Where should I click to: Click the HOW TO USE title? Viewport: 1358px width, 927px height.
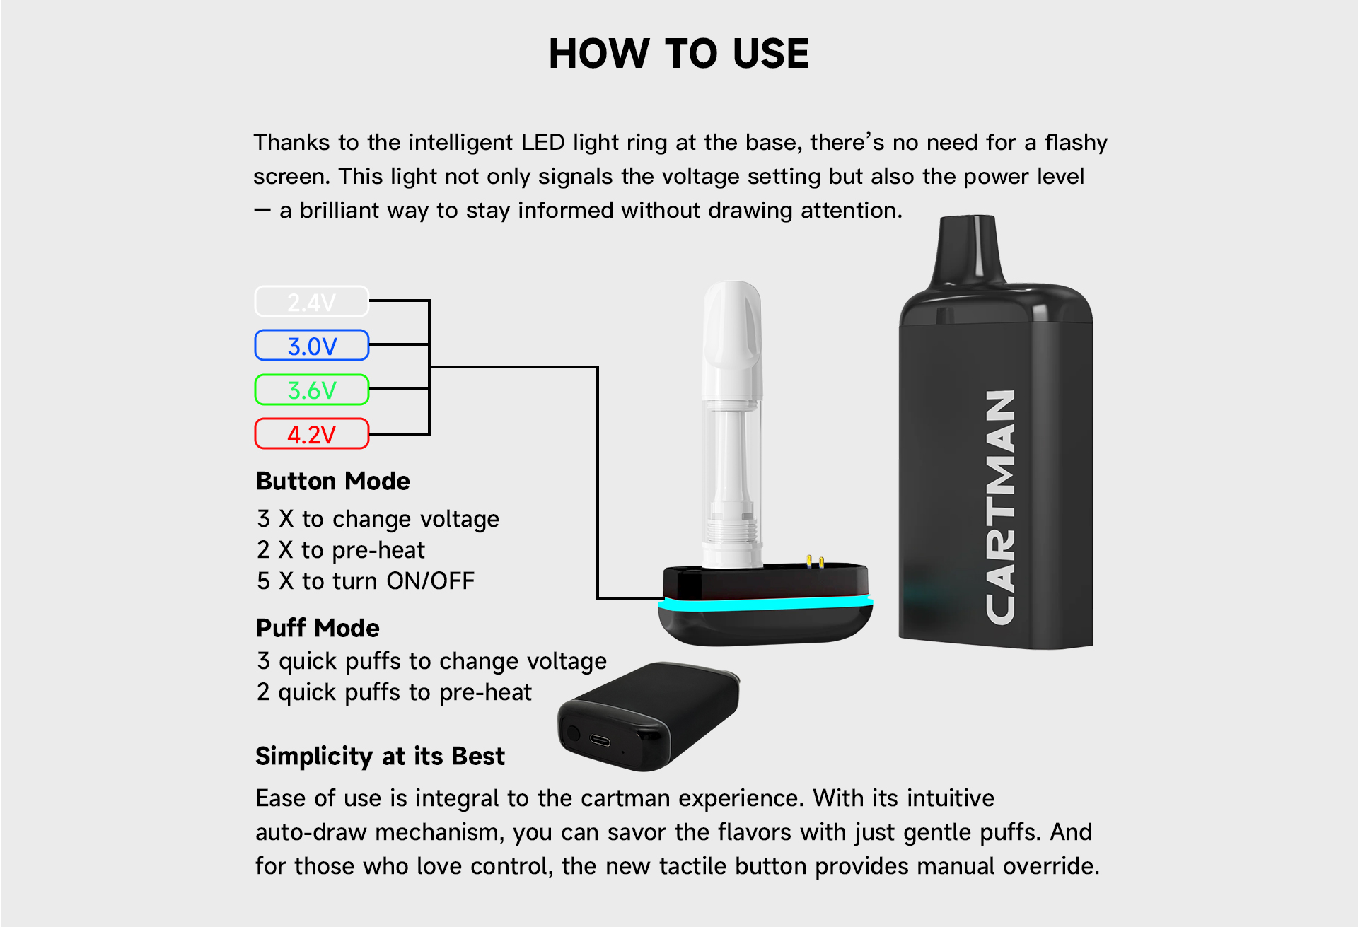(678, 54)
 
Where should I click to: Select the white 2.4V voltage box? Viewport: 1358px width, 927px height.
(312, 301)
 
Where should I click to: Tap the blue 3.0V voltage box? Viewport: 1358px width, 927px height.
(312, 345)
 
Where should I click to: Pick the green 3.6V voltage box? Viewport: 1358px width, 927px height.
(312, 390)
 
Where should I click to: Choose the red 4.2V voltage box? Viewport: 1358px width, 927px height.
(312, 433)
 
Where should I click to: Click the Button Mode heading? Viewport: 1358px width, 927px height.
(333, 481)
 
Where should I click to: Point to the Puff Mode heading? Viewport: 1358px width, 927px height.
(318, 628)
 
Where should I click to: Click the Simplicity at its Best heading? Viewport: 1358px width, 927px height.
(381, 757)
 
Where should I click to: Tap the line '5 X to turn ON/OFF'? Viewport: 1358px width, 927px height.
(366, 581)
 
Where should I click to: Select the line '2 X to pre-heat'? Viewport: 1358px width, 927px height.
(341, 549)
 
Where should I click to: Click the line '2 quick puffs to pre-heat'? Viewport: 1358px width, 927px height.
(394, 692)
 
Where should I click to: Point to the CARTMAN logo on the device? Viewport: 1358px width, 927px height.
(1001, 507)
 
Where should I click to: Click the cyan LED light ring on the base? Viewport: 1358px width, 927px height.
(765, 604)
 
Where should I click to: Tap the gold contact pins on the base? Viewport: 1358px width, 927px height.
(815, 562)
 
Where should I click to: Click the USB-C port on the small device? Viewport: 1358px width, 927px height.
(600, 740)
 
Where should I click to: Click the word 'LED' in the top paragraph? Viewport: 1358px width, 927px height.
(543, 142)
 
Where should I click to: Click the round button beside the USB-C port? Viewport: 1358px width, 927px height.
(574, 733)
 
